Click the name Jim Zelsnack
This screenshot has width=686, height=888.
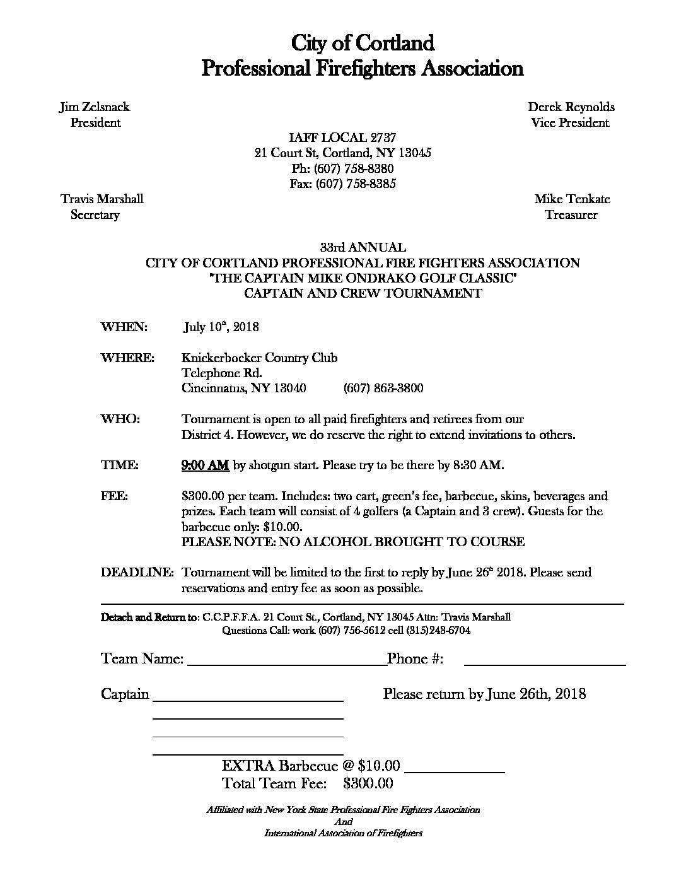(95, 107)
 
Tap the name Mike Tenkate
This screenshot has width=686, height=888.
(572, 199)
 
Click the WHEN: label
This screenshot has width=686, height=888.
(124, 327)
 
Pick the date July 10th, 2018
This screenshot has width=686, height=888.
(221, 327)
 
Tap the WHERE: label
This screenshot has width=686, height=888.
(127, 358)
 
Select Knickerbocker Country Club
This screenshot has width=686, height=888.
(259, 358)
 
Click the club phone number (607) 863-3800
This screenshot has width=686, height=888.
(383, 388)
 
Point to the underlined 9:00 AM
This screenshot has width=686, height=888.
(205, 465)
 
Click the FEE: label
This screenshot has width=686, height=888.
(114, 496)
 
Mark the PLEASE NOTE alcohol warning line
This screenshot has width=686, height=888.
(353, 542)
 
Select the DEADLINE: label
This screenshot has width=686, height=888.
(137, 573)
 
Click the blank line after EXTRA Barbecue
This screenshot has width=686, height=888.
(454, 771)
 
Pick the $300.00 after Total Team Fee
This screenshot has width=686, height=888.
(368, 783)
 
